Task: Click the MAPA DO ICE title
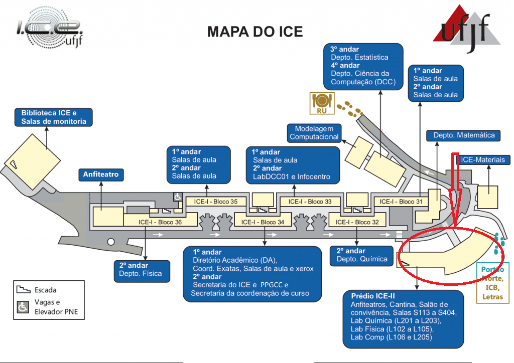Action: tap(255, 32)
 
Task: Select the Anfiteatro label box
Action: tap(101, 175)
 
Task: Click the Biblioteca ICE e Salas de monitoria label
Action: tap(53, 117)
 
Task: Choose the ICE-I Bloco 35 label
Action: tap(218, 202)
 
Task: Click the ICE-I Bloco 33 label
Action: tap(310, 202)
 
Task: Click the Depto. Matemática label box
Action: tap(463, 135)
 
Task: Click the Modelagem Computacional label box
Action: tap(314, 133)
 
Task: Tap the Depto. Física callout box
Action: tap(141, 270)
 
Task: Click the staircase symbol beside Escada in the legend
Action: tap(23, 290)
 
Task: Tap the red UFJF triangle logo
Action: tap(467, 25)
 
